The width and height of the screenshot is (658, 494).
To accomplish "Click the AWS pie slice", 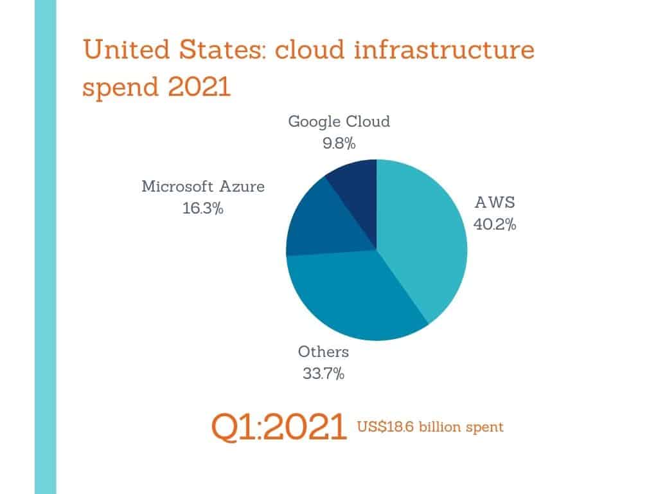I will [424, 238].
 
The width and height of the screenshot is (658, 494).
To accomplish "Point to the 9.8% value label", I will [339, 143].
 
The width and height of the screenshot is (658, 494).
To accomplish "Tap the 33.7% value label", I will [323, 373].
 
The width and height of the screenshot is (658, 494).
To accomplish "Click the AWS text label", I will [495, 203].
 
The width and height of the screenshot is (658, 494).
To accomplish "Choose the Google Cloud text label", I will [339, 122].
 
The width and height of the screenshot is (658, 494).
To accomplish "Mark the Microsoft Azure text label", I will [203, 187].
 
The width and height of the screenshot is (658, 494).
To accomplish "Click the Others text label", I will [323, 352].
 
